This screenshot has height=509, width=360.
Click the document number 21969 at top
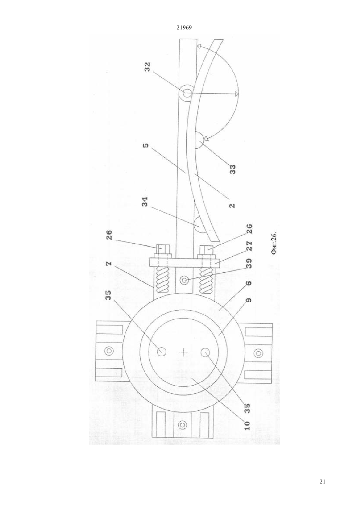click(184, 28)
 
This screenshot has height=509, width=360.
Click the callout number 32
click(148, 67)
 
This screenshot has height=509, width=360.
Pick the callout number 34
click(145, 202)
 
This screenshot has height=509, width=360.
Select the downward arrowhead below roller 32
click(237, 93)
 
